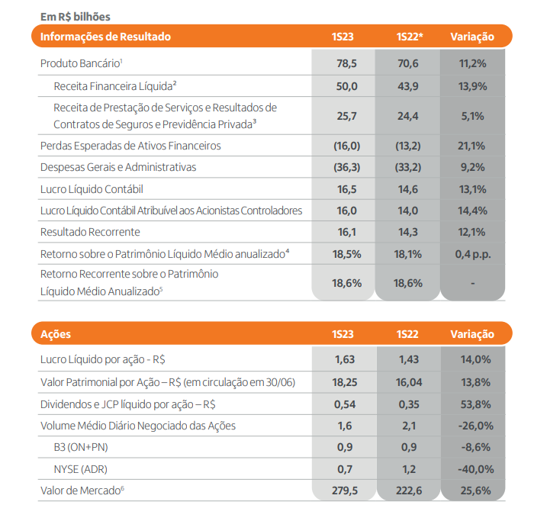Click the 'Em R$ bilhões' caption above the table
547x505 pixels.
click(x=76, y=17)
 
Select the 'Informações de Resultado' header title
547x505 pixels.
click(x=105, y=37)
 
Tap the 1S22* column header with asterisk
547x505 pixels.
click(x=410, y=37)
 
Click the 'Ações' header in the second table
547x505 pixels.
click(x=56, y=334)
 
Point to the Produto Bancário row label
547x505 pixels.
click(x=82, y=63)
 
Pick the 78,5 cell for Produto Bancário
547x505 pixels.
click(x=347, y=63)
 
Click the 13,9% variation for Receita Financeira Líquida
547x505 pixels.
click(x=472, y=86)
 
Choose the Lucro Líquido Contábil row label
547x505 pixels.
click(x=92, y=189)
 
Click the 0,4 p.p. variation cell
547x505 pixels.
click(x=473, y=254)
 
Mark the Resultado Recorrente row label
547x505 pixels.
click(x=90, y=232)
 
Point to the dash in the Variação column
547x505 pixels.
click(x=473, y=283)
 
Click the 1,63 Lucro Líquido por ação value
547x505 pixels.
click(x=345, y=359)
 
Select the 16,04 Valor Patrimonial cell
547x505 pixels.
click(x=409, y=383)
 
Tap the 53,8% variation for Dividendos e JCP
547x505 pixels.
click(x=475, y=404)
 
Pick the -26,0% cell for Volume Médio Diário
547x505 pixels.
click(x=475, y=426)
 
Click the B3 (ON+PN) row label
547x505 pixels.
click(x=81, y=447)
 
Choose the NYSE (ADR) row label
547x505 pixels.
click(x=81, y=469)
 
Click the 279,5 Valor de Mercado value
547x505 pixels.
click(x=345, y=491)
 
